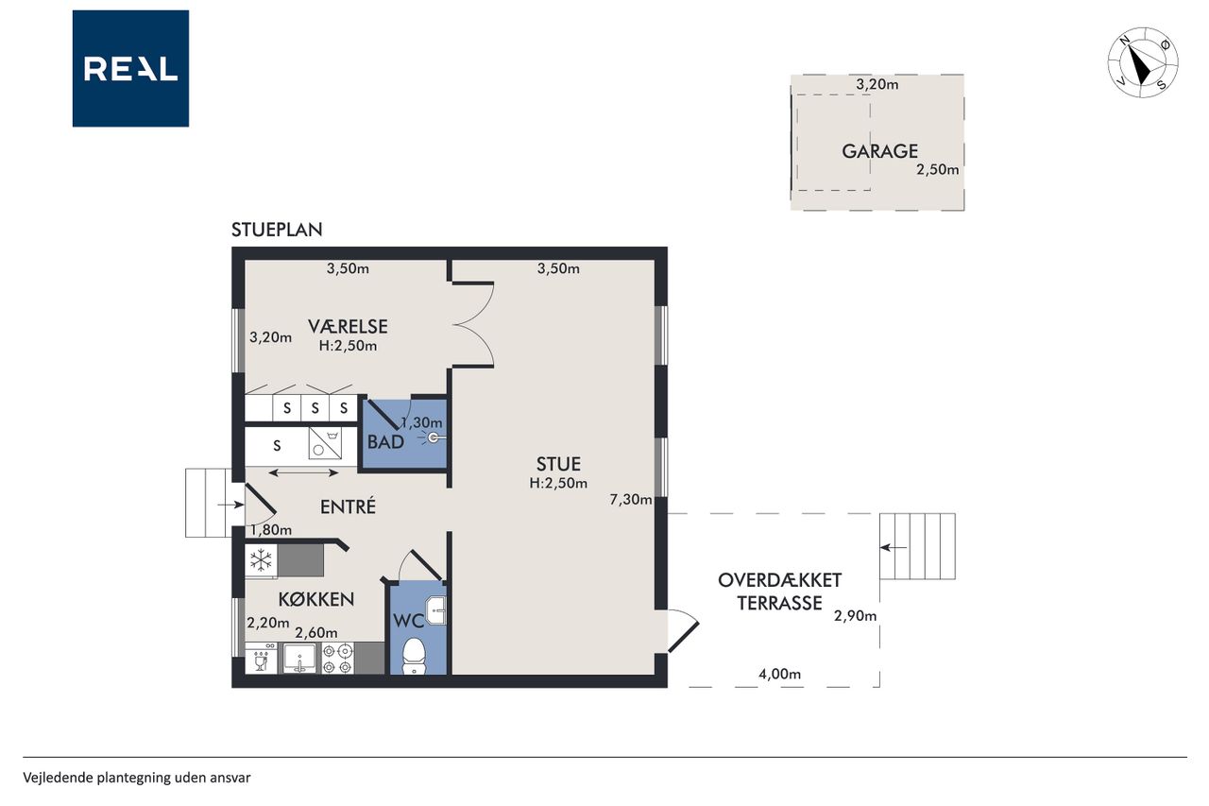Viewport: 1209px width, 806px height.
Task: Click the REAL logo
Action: [130, 69]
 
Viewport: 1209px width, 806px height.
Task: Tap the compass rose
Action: [1143, 62]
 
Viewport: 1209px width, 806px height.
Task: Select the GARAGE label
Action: [879, 151]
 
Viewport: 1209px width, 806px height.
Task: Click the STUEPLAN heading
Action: [277, 230]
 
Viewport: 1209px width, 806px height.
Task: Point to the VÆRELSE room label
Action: [348, 327]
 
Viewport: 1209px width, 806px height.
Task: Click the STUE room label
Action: [558, 464]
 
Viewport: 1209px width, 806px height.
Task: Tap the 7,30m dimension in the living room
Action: [630, 499]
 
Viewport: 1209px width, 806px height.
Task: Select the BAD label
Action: [385, 442]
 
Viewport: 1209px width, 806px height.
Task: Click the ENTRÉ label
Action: [348, 506]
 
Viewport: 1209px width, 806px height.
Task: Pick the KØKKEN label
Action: [316, 599]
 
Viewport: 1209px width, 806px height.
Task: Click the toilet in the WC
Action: [415, 656]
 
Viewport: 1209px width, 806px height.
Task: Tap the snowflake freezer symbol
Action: [262, 560]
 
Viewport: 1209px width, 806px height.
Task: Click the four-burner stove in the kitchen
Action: [337, 659]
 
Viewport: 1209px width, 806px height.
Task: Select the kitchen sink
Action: [299, 659]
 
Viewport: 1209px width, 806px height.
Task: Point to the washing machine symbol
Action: [325, 443]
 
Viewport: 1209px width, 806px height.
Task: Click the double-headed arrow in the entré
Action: [303, 472]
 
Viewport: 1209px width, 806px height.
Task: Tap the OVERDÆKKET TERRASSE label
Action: [779, 592]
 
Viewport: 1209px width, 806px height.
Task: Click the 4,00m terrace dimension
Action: [779, 674]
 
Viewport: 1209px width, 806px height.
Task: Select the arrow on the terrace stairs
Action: [894, 547]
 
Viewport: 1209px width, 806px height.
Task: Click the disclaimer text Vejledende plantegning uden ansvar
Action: [137, 778]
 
